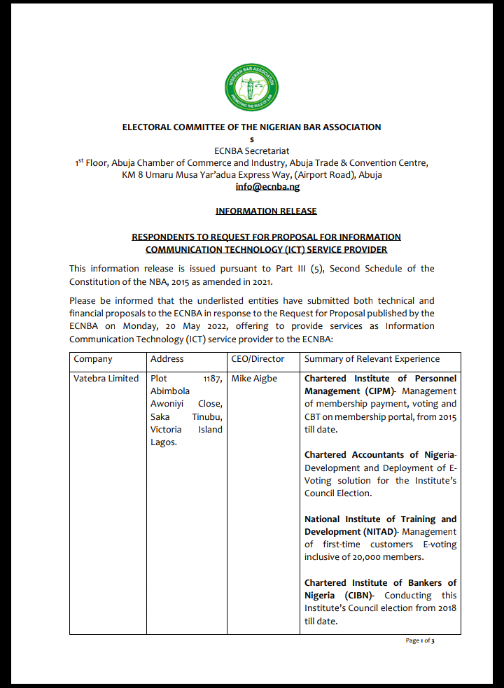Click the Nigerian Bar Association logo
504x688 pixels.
pyautogui.click(x=251, y=88)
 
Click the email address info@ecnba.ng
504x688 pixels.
pyautogui.click(x=267, y=187)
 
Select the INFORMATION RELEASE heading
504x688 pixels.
pyautogui.click(x=266, y=211)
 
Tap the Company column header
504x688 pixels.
pyautogui.click(x=93, y=359)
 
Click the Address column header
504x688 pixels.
pyautogui.click(x=167, y=359)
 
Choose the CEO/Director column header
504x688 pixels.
pyautogui.click(x=258, y=359)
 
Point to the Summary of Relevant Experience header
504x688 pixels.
pyautogui.click(x=372, y=359)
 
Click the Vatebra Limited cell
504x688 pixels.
pyautogui.click(x=106, y=379)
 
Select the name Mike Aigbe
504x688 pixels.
pyautogui.click(x=254, y=379)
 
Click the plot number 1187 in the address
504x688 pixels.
pyautogui.click(x=212, y=379)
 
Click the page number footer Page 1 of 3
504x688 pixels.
pyautogui.click(x=420, y=640)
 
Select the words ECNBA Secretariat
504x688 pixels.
pyautogui.click(x=251, y=150)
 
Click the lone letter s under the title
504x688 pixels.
pyautogui.click(x=252, y=139)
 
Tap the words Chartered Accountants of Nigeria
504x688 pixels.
pyautogui.click(x=379, y=455)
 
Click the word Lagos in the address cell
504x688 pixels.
pyautogui.click(x=164, y=442)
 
